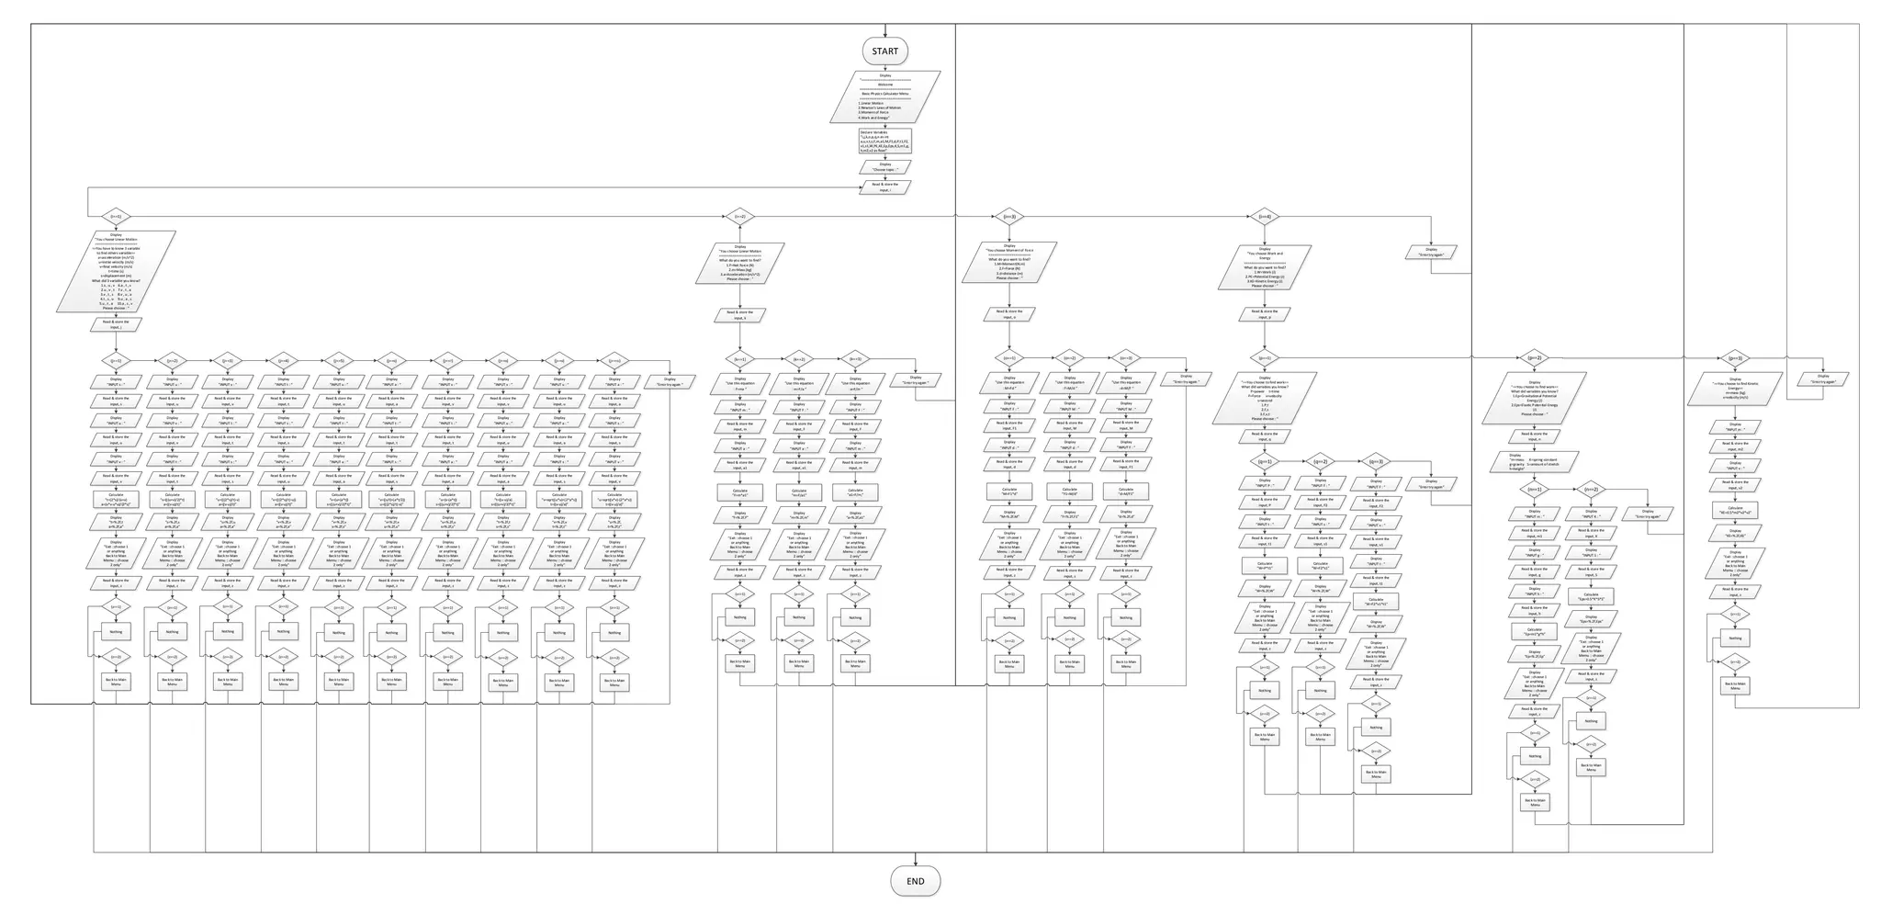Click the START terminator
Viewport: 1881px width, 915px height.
click(x=884, y=51)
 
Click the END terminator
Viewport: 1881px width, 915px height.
click(x=915, y=881)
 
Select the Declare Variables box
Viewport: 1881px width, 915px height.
click(x=884, y=141)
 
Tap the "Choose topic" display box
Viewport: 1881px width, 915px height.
click(x=884, y=167)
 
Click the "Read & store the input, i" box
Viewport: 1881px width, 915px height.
click(x=884, y=187)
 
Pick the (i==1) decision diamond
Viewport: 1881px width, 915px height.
click(x=116, y=217)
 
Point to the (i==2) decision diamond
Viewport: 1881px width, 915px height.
click(x=739, y=217)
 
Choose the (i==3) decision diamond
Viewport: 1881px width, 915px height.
click(x=1008, y=217)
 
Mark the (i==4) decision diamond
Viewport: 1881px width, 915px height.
click(x=1265, y=217)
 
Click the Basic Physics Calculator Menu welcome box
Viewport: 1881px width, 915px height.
click(x=884, y=96)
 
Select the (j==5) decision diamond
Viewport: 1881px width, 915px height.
click(x=338, y=361)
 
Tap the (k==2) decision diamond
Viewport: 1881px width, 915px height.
click(x=799, y=359)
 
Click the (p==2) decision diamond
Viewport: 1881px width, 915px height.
click(x=1534, y=357)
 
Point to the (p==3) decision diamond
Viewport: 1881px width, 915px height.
click(x=1735, y=358)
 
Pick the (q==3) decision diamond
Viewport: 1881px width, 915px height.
click(x=1376, y=461)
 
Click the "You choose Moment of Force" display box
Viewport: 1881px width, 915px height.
click(x=1008, y=263)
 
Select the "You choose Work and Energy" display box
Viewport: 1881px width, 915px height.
click(x=1265, y=268)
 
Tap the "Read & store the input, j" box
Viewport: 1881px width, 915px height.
click(x=116, y=324)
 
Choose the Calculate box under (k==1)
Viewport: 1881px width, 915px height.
click(x=739, y=492)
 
